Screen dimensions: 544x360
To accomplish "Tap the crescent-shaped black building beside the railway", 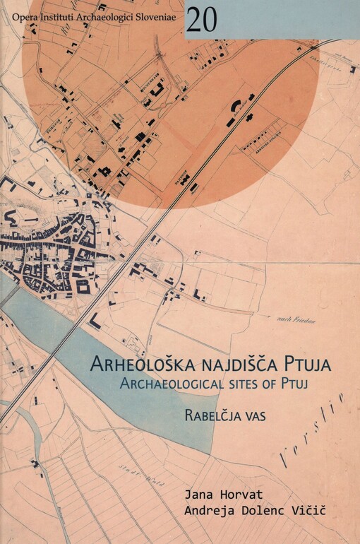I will pyautogui.click(x=234, y=108).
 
